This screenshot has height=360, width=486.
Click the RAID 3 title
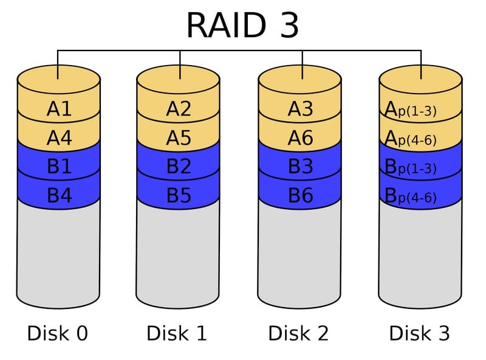pos(242,26)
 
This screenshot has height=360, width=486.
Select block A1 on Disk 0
pos(59,109)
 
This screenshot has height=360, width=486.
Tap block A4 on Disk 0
pos(59,138)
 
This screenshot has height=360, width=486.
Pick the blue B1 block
pos(59,167)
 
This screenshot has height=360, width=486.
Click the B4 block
pos(59,195)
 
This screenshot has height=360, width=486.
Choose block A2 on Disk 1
pos(179,109)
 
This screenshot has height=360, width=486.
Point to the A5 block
pos(179,138)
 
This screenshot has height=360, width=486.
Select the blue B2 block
pos(179,167)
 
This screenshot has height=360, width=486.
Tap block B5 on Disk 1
pos(179,195)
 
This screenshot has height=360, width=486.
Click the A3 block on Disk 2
pos(300,109)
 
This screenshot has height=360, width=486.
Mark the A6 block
pos(300,138)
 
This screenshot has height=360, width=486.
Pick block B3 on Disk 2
pos(300,167)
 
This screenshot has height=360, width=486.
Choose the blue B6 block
pos(300,195)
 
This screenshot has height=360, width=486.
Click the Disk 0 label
pos(58,333)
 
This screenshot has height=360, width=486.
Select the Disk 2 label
pos(298,333)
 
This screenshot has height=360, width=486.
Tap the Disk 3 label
pos(419,333)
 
